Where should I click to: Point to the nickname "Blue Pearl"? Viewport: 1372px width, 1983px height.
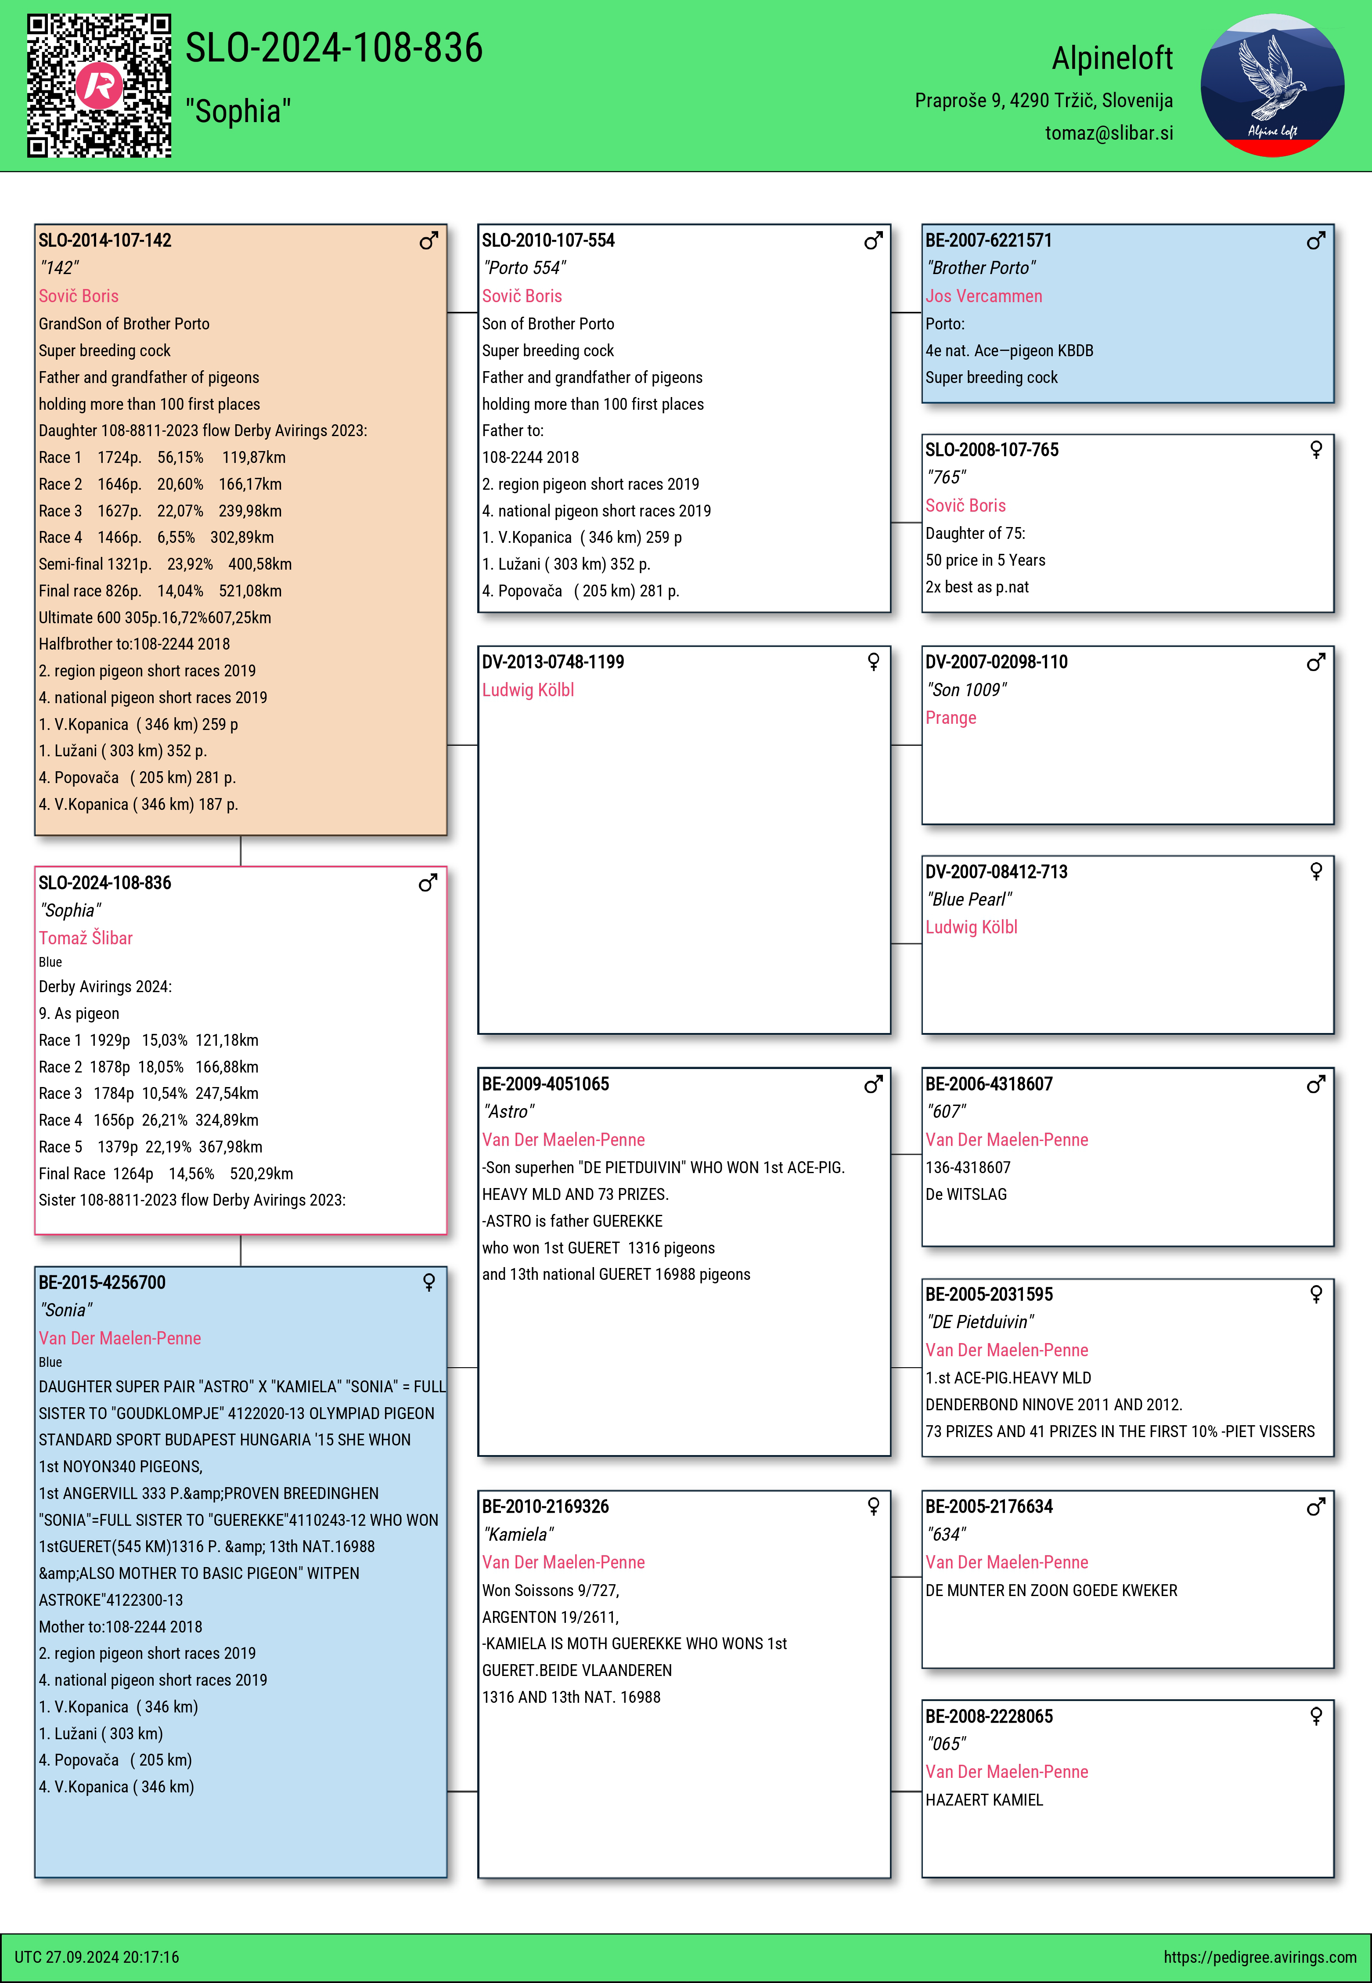[x=969, y=899]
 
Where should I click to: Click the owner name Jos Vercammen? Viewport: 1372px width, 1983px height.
[x=983, y=296]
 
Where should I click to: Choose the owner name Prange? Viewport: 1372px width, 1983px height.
[x=951, y=718]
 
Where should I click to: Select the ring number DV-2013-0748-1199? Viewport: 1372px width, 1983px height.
[x=553, y=662]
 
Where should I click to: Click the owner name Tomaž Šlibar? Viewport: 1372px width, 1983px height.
[x=86, y=938]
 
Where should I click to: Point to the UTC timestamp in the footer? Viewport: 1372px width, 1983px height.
[x=97, y=1957]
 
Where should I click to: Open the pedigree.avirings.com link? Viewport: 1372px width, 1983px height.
[x=1259, y=1957]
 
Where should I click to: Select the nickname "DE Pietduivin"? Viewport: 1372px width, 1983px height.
[x=980, y=1322]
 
